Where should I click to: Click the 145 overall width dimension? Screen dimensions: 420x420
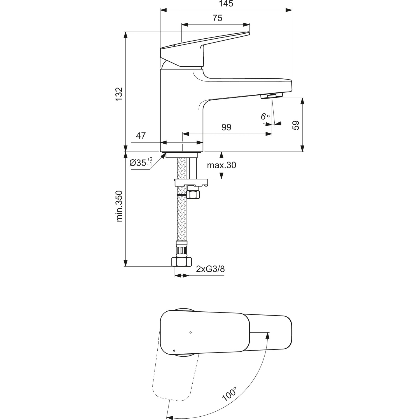226,4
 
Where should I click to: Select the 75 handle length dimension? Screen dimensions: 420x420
217,18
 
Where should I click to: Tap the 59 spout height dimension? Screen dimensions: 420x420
296,125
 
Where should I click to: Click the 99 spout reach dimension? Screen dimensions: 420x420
227,127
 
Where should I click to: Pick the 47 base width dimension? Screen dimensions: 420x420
141,136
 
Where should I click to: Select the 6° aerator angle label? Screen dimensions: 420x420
265,116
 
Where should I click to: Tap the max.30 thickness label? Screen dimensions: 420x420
221,165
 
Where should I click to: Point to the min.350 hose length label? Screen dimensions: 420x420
120,206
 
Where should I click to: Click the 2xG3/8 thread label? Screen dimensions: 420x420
210,269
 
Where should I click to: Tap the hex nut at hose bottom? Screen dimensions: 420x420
182,262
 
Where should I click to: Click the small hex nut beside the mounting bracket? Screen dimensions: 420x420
193,194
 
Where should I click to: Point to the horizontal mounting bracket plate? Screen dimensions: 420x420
191,182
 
